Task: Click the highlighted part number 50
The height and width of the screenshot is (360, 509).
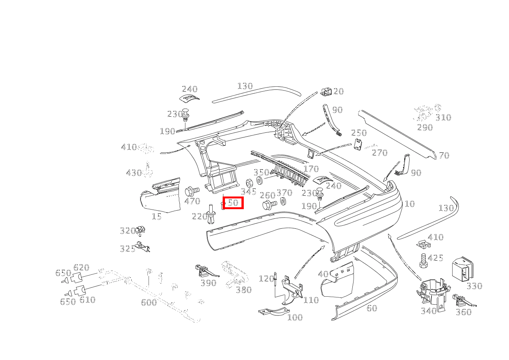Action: pos(233,203)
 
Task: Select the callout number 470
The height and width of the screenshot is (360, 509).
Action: pos(192,201)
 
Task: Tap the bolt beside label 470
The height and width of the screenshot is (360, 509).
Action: pos(192,191)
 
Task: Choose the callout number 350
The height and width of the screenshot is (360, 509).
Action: pos(261,172)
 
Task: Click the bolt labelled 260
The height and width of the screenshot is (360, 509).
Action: pos(269,205)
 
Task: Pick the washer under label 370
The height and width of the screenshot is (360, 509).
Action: pos(284,201)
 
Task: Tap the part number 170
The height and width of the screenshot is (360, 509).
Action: pos(311,169)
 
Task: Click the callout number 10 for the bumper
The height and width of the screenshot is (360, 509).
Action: pos(410,204)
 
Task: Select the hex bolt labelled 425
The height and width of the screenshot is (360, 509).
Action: pos(423,261)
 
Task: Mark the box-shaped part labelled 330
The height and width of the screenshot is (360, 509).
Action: pos(463,269)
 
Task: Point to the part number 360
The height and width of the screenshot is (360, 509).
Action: pos(463,312)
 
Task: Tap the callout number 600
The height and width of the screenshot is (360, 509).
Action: pos(149,302)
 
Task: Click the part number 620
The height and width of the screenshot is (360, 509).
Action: pos(81,268)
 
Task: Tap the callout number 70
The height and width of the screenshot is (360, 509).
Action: pos(444,155)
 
